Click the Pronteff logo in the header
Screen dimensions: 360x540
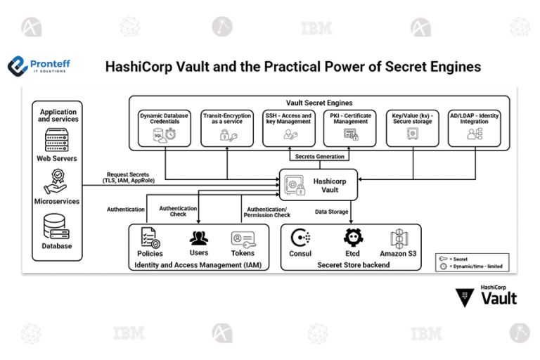[x=39, y=67]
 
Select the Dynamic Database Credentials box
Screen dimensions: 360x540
[x=165, y=127]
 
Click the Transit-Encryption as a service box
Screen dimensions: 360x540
[x=226, y=127]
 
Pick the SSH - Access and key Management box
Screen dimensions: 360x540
[x=288, y=127]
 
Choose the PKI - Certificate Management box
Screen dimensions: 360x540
[x=350, y=127]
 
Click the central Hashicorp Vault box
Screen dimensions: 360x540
[x=318, y=185]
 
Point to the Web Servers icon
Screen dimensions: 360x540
[x=57, y=140]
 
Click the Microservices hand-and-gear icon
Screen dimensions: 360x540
[x=57, y=181]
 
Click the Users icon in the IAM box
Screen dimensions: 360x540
[x=199, y=238]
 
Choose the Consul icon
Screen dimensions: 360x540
[x=300, y=238]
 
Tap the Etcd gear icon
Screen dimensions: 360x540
[x=352, y=238]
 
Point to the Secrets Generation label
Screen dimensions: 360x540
[x=319, y=157]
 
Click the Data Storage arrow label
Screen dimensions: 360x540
[x=331, y=212]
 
